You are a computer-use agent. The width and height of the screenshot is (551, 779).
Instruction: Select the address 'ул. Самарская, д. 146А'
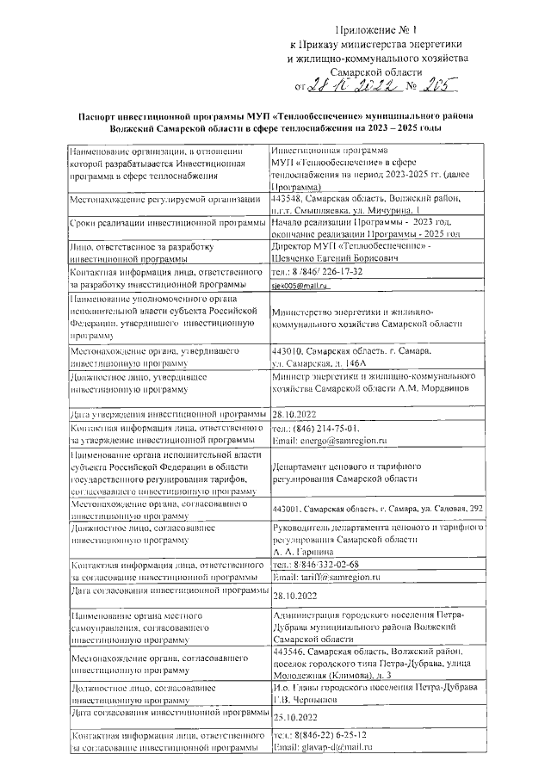(319, 365)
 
